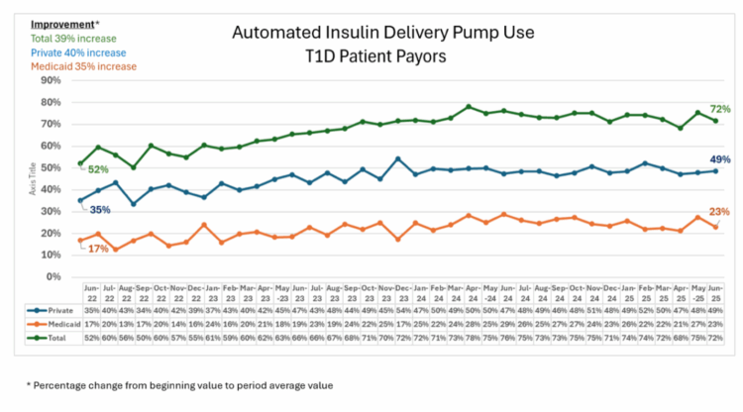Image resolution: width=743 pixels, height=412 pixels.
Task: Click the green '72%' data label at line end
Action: point(719,107)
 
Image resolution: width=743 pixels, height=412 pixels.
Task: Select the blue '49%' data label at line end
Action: point(719,158)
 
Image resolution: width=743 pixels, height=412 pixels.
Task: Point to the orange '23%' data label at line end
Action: point(719,211)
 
